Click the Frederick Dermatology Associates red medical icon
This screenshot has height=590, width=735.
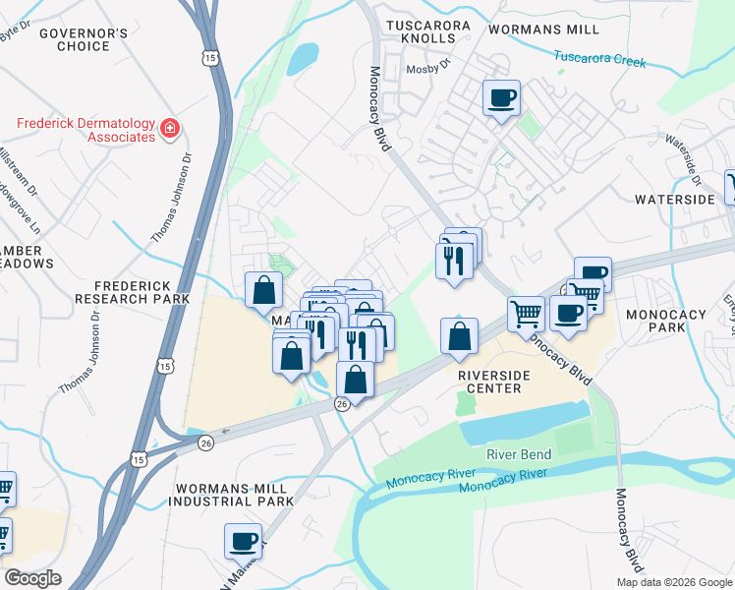click(x=170, y=127)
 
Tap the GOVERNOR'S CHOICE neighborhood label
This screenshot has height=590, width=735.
click(x=83, y=39)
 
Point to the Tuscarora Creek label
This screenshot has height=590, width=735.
click(x=599, y=59)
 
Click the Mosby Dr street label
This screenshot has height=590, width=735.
click(x=429, y=62)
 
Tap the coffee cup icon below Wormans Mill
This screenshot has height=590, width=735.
click(x=501, y=97)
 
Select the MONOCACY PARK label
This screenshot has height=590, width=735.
click(x=665, y=321)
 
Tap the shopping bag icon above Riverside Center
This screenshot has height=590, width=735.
click(x=459, y=336)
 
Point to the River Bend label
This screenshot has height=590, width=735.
click(x=520, y=454)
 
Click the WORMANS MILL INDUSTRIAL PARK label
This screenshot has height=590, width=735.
click(x=234, y=494)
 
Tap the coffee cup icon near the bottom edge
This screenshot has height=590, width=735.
click(x=243, y=540)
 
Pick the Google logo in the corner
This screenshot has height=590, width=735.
click(x=32, y=578)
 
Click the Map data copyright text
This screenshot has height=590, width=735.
click(x=674, y=582)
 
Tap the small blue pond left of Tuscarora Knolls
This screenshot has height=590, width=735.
click(x=302, y=58)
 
